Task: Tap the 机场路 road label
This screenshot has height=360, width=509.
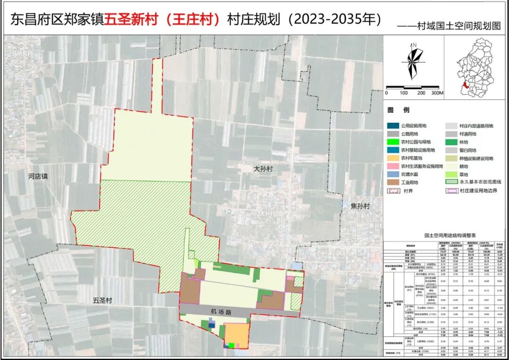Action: click(222, 311)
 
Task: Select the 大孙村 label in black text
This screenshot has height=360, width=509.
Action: click(263, 169)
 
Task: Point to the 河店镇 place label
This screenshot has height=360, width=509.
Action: click(38, 177)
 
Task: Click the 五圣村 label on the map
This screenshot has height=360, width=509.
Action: click(103, 300)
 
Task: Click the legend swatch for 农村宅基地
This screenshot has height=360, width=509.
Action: click(393, 158)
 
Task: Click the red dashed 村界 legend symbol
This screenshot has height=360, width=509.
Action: click(393, 191)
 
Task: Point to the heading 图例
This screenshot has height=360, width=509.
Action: click(398, 110)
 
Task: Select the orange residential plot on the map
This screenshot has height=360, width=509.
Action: click(235, 334)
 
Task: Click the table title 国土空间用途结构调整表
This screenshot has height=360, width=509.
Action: click(445, 234)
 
